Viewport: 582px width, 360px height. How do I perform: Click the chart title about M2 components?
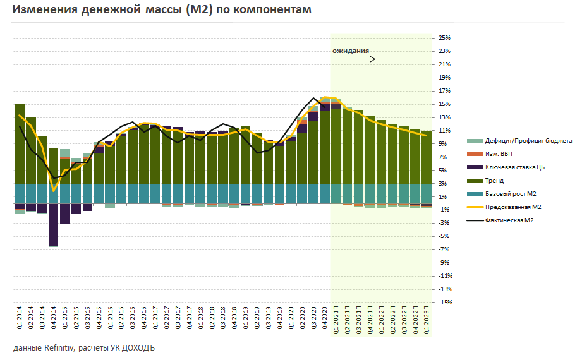pyautogui.click(x=162, y=11)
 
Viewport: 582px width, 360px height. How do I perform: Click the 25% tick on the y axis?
pyautogui.click(x=444, y=38)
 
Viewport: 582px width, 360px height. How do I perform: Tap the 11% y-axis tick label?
pyautogui.click(x=444, y=130)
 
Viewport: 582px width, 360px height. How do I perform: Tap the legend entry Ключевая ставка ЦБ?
pyautogui.click(x=514, y=167)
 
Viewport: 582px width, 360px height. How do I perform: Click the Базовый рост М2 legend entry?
pyautogui.click(x=511, y=193)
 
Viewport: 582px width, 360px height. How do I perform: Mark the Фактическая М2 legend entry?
pyautogui.click(x=510, y=220)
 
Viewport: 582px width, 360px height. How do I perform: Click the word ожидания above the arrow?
pyautogui.click(x=350, y=51)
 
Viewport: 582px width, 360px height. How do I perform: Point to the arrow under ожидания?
pyautogui.click(x=354, y=59)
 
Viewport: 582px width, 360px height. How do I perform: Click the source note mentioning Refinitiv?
pyautogui.click(x=83, y=348)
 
